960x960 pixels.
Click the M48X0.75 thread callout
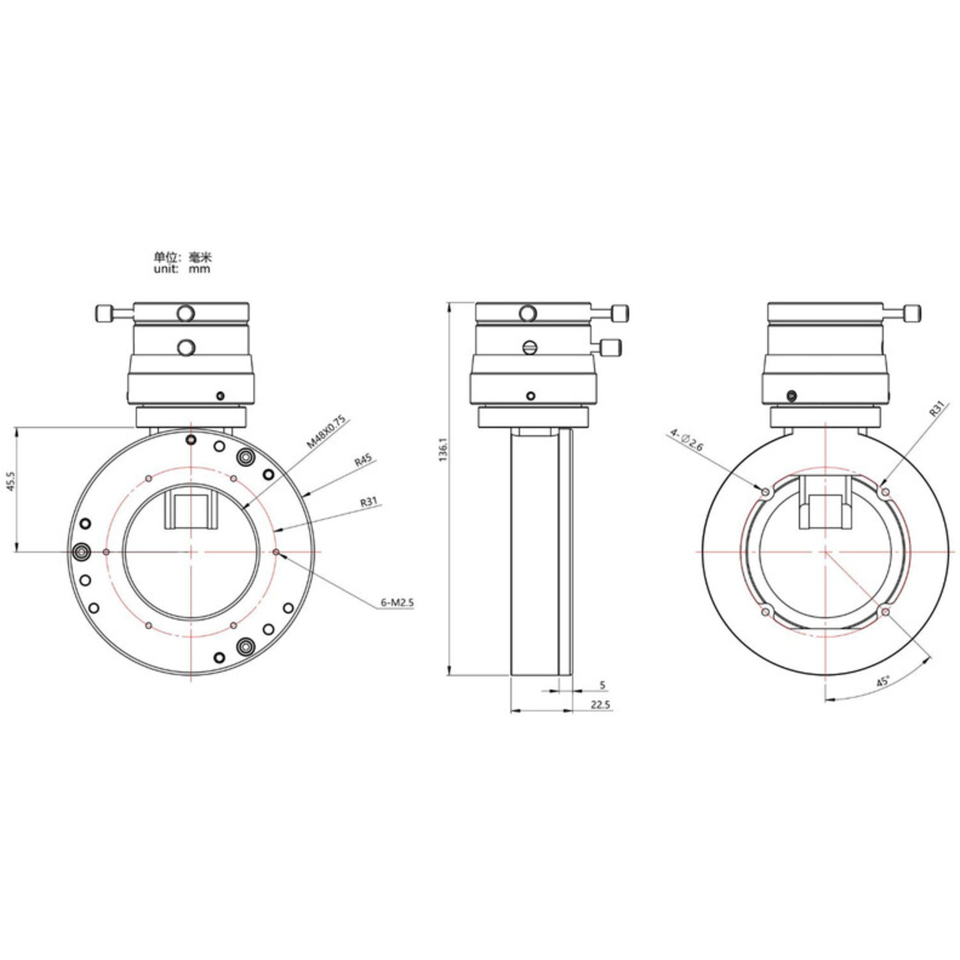coord(325,431)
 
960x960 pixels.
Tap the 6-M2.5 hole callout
coord(397,602)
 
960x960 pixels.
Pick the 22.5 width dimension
coord(600,705)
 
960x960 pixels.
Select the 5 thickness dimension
coord(602,685)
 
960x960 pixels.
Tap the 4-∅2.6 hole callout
coord(686,440)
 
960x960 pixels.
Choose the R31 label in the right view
coord(937,409)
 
